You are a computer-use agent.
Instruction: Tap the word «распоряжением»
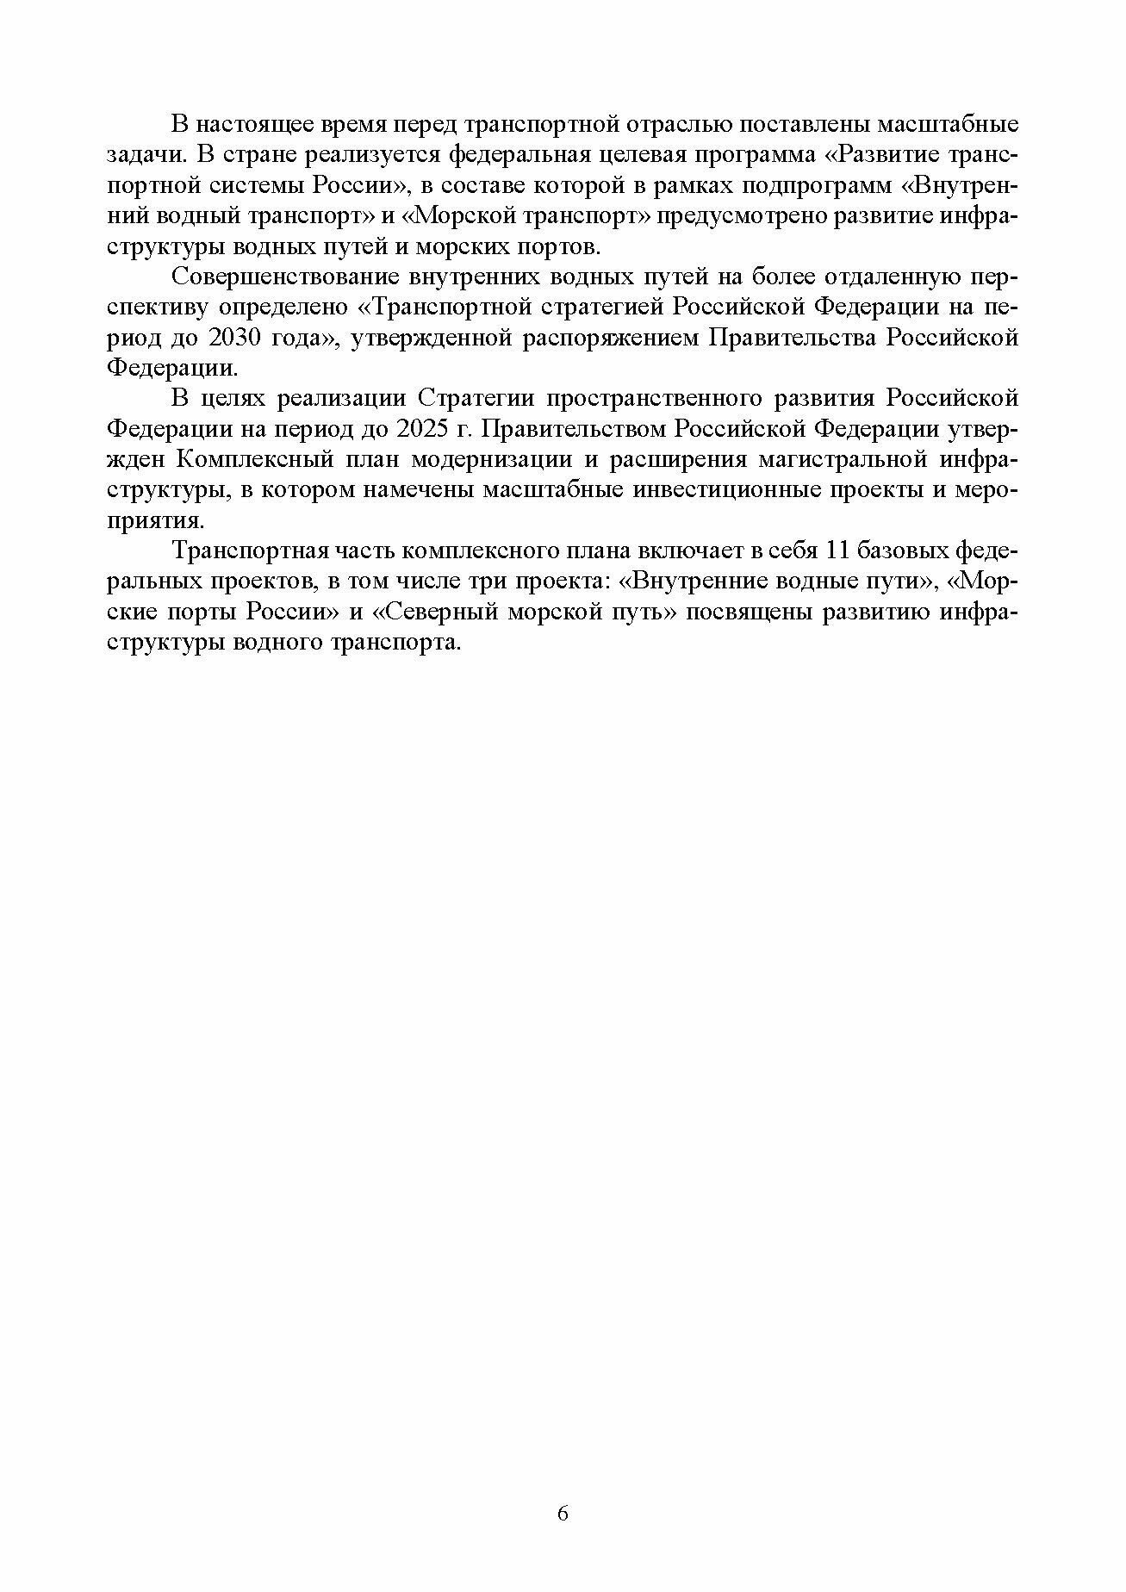click(611, 338)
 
